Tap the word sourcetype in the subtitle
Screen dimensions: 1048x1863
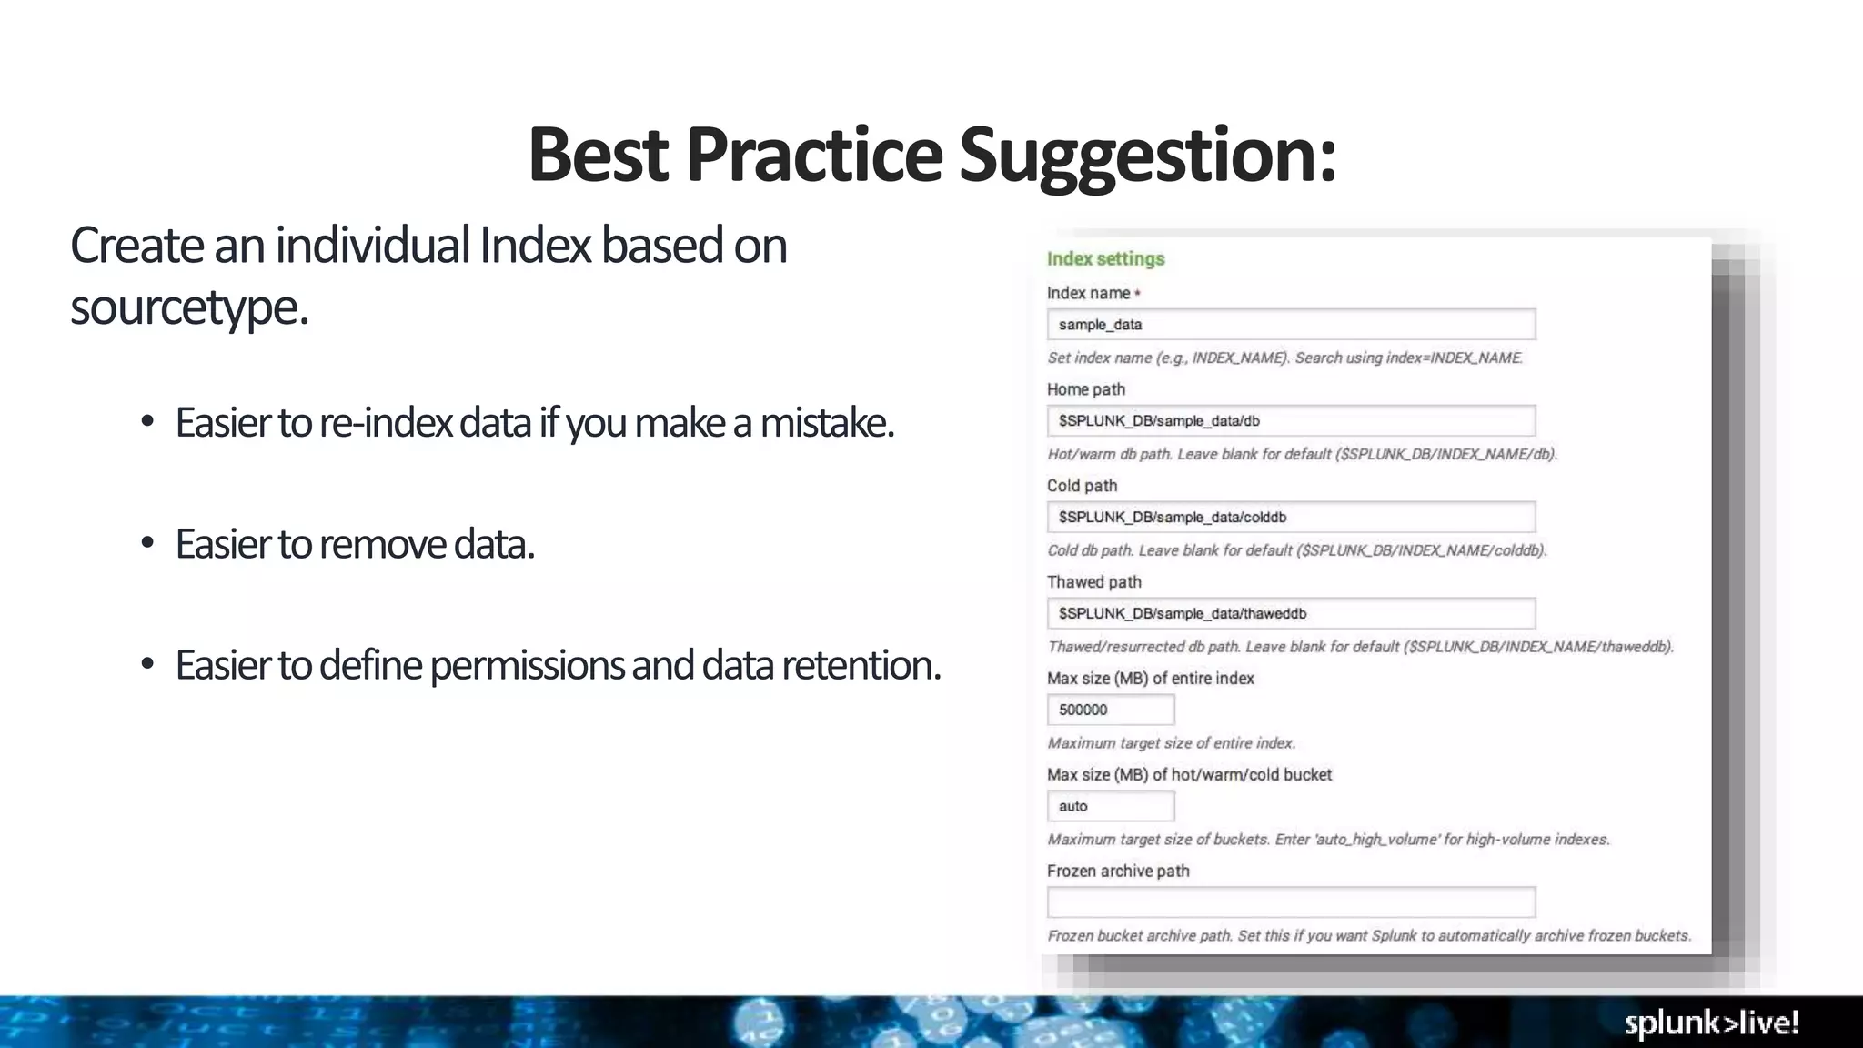(x=188, y=307)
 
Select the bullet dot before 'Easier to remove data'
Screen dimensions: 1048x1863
(x=147, y=543)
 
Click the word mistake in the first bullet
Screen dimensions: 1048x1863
(x=826, y=423)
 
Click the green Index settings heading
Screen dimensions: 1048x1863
(x=1105, y=259)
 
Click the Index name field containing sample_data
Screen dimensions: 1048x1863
(x=1290, y=325)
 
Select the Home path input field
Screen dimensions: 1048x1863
(x=1290, y=421)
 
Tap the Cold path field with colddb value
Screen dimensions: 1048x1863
(x=1290, y=518)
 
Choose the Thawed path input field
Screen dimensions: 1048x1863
(x=1290, y=614)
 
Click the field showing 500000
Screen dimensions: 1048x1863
(x=1110, y=710)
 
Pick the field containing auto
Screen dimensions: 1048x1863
(x=1110, y=807)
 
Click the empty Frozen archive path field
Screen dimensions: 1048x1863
(x=1290, y=902)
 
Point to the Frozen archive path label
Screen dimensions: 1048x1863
(x=1118, y=872)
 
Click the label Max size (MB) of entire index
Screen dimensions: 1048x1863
(x=1150, y=679)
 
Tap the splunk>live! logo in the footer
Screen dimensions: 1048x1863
(x=1711, y=1023)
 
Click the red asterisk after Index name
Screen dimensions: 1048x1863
(x=1137, y=293)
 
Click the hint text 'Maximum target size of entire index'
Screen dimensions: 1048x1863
(x=1171, y=743)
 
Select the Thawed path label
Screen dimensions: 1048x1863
(x=1093, y=582)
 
